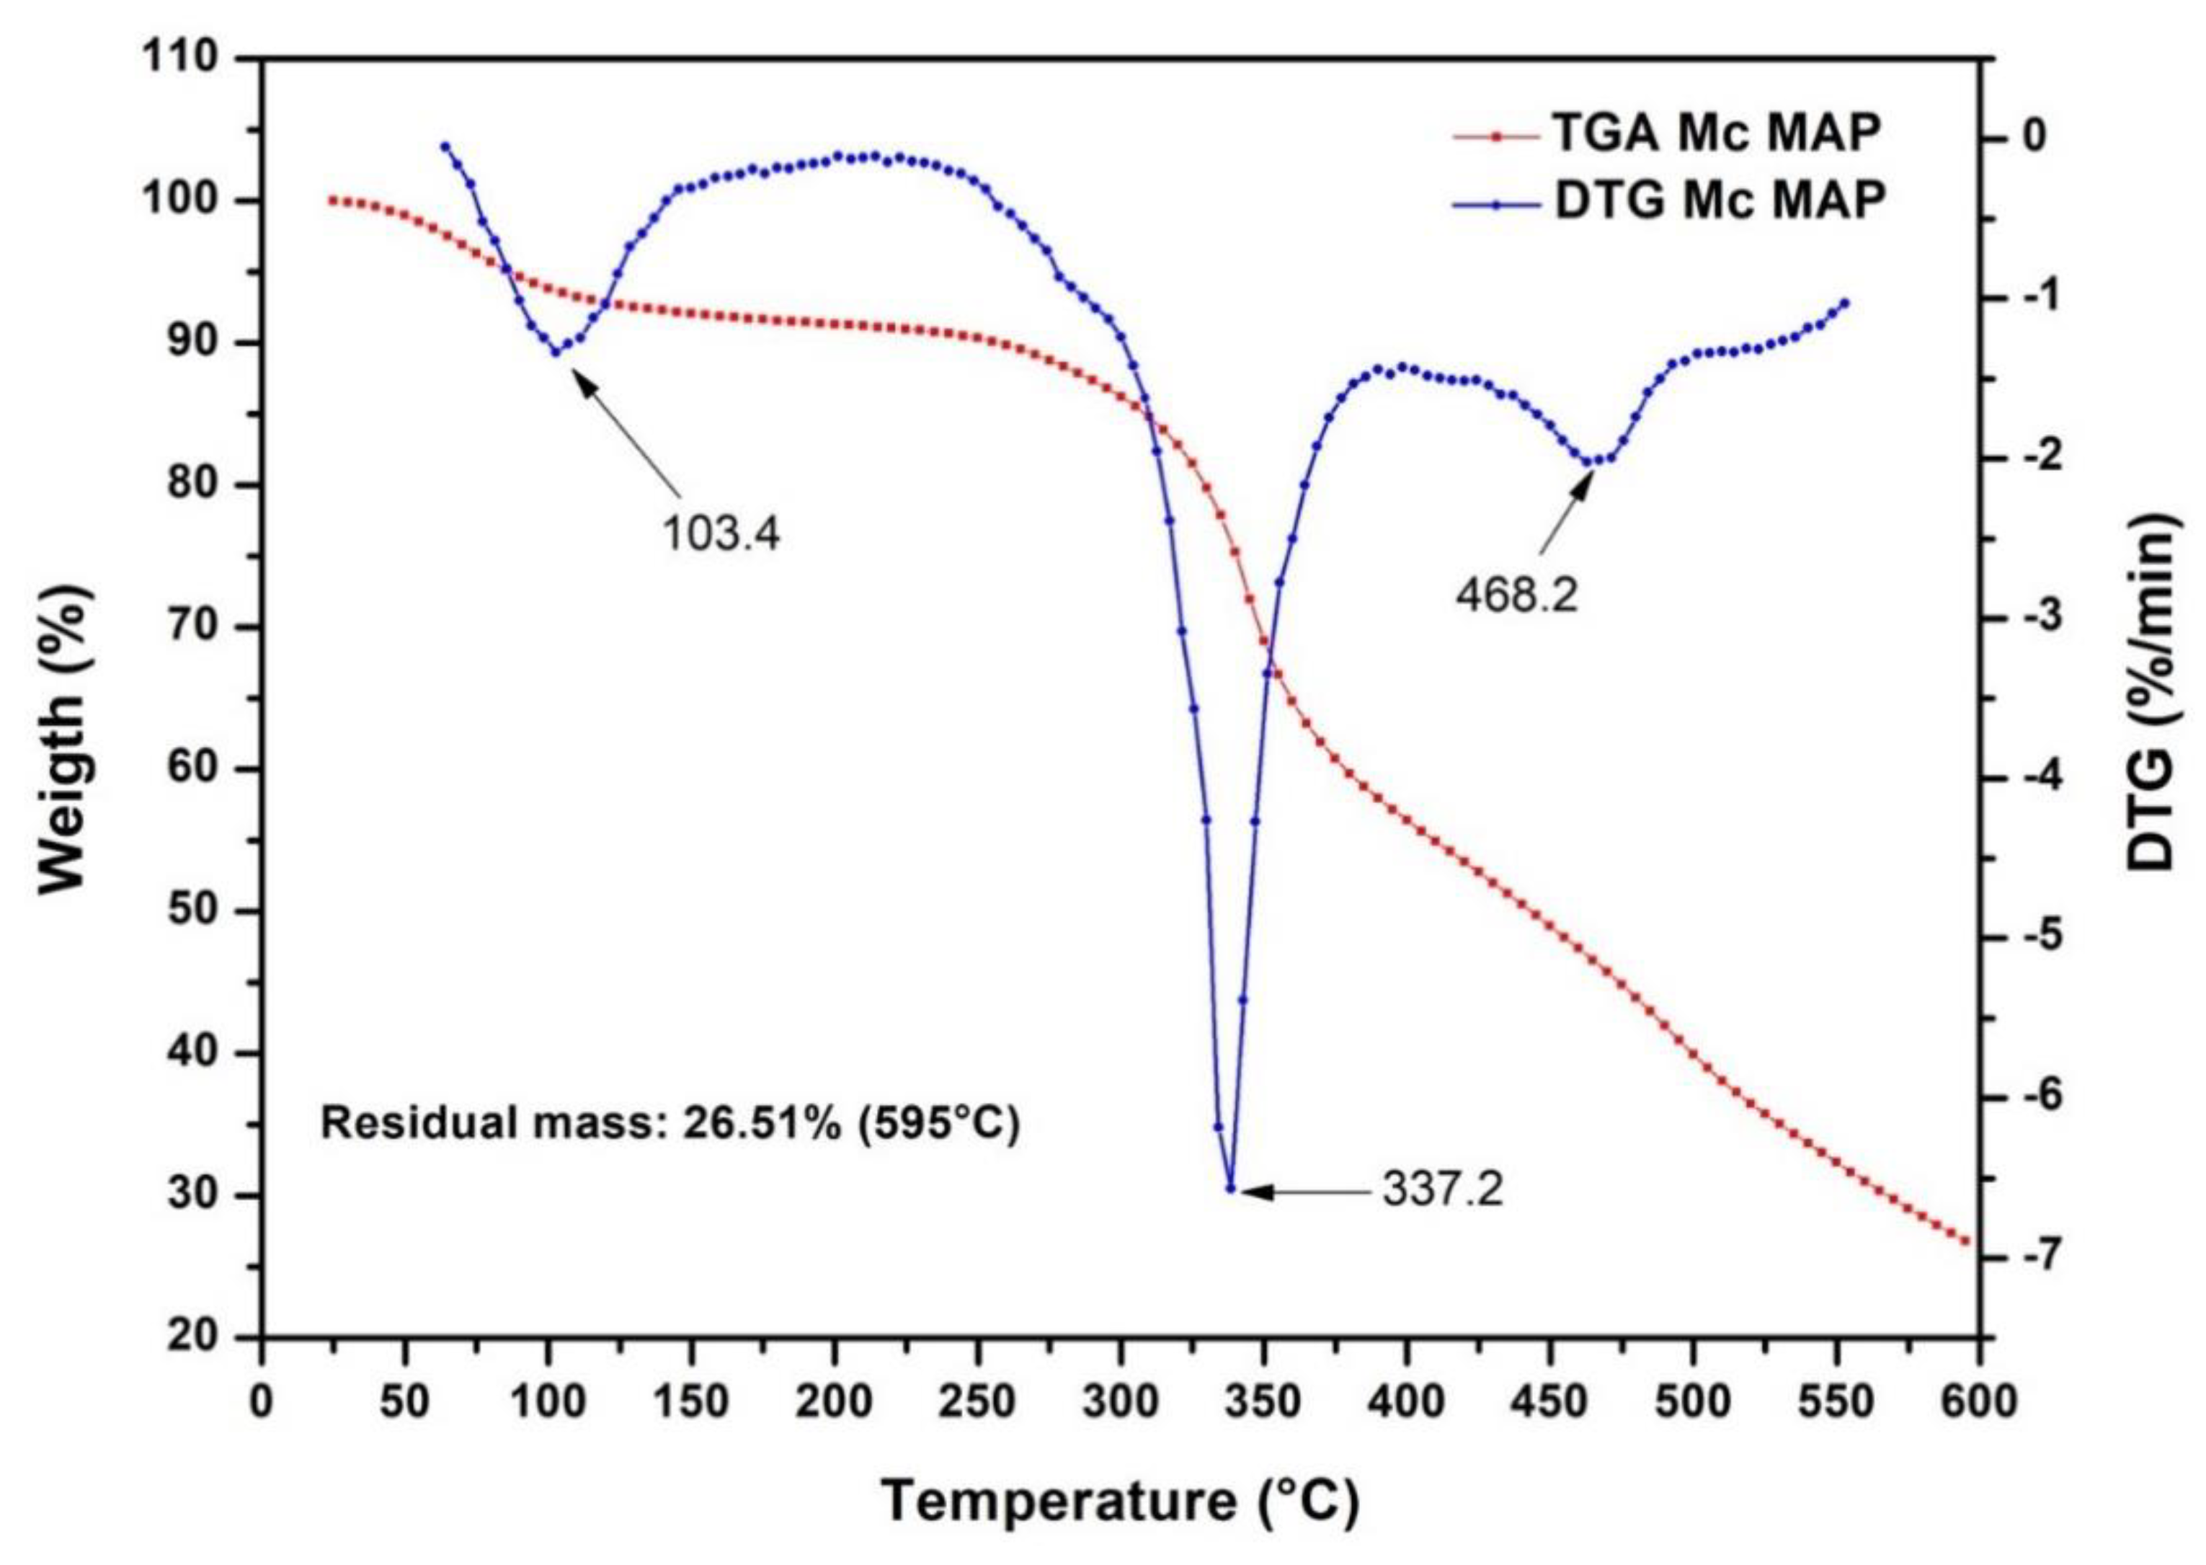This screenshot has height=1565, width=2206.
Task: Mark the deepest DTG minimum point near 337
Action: pos(1230,1188)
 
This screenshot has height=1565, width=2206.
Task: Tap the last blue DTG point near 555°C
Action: pos(1846,303)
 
